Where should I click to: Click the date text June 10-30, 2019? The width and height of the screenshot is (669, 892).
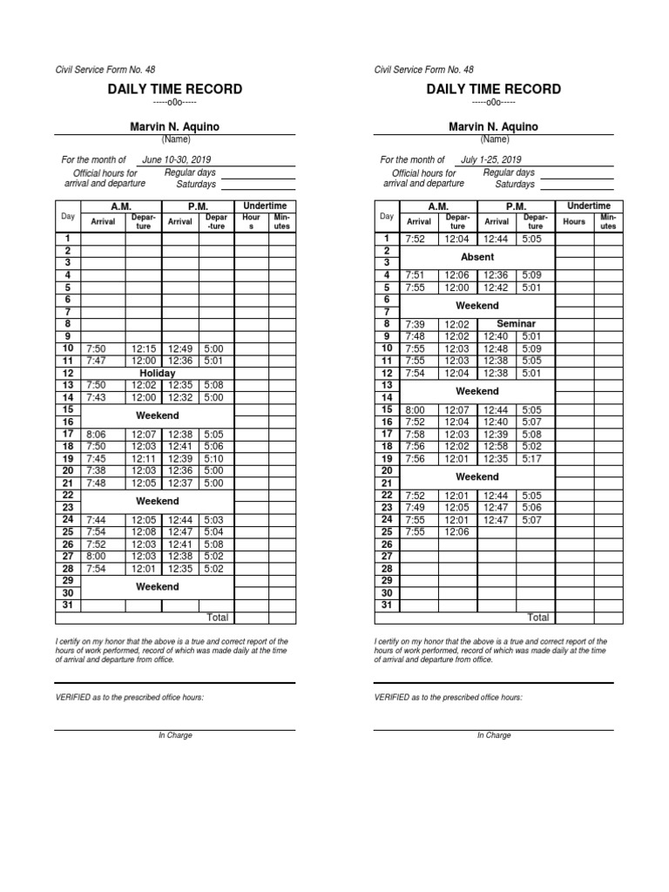pyautogui.click(x=176, y=160)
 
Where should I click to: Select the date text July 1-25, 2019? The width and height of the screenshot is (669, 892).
pyautogui.click(x=490, y=160)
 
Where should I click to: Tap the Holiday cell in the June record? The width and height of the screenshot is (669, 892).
pyautogui.click(x=157, y=373)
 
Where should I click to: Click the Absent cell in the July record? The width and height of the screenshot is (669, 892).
pyautogui.click(x=476, y=257)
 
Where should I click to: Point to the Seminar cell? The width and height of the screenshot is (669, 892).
pyautogui.click(x=516, y=324)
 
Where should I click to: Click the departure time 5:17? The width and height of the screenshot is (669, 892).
pyautogui.click(x=532, y=459)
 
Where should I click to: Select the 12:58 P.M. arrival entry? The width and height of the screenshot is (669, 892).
pyautogui.click(x=496, y=447)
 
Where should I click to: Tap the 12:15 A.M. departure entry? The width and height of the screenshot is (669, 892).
pyautogui.click(x=143, y=348)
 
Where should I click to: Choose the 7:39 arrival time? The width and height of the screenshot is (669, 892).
pyautogui.click(x=416, y=324)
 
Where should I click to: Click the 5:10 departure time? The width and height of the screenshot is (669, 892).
pyautogui.click(x=213, y=459)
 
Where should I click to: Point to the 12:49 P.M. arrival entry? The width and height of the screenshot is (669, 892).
pyautogui.click(x=179, y=348)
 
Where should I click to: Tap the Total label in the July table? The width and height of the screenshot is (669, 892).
pyautogui.click(x=538, y=618)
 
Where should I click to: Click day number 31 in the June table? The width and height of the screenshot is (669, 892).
pyautogui.click(x=68, y=605)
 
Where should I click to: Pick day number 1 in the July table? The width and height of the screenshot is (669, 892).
pyautogui.click(x=387, y=238)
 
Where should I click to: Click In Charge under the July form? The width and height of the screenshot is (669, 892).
pyautogui.click(x=494, y=736)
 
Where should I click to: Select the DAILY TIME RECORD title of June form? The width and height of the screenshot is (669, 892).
pyautogui.click(x=175, y=89)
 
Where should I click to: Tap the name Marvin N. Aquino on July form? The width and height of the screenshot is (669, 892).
pyautogui.click(x=494, y=127)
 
